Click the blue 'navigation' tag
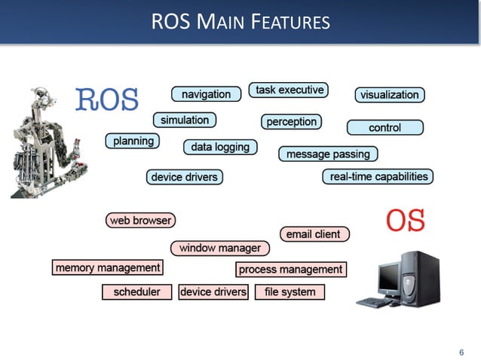pyautogui.click(x=206, y=94)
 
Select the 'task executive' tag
pyautogui.click(x=289, y=90)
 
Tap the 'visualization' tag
pyautogui.click(x=389, y=95)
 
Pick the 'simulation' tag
pyautogui.click(x=185, y=120)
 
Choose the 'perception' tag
pyautogui.click(x=291, y=121)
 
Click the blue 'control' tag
pyautogui.click(x=384, y=128)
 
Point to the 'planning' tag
pyautogui.click(x=133, y=141)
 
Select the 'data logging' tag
pyautogui.click(x=220, y=147)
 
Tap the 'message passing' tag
pyautogui.click(x=328, y=154)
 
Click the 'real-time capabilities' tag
pyautogui.click(x=378, y=177)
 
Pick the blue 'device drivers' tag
pyautogui.click(x=184, y=177)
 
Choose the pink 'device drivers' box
pyautogui.click(x=213, y=291)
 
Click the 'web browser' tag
pyautogui.click(x=141, y=221)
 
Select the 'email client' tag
pyautogui.click(x=314, y=234)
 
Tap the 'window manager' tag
pyautogui.click(x=219, y=248)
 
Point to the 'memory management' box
pyautogui.click(x=108, y=267)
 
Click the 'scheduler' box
pyautogui.click(x=136, y=291)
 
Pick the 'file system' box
pyautogui.click(x=290, y=291)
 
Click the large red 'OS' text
pyautogui.click(x=406, y=221)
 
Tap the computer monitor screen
pyautogui.click(x=389, y=276)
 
